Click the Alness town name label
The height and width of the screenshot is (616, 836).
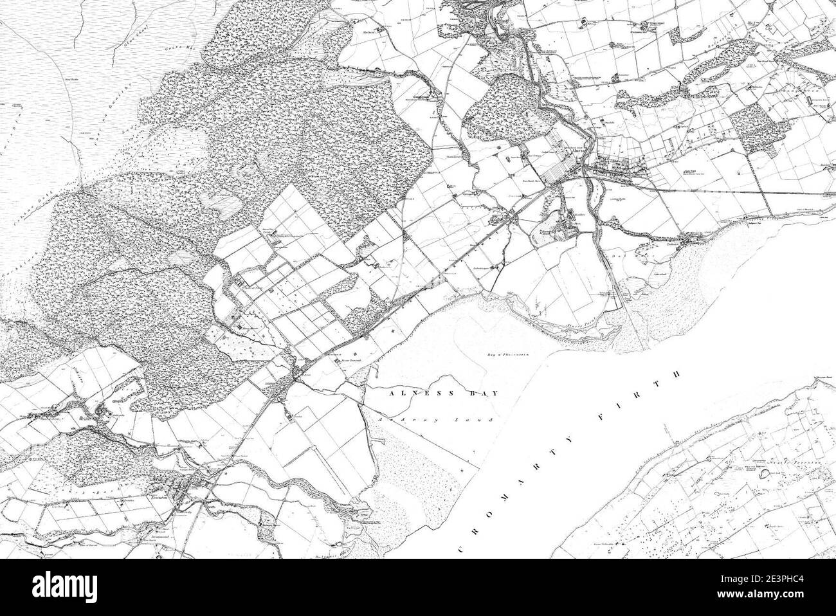point(577,152)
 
